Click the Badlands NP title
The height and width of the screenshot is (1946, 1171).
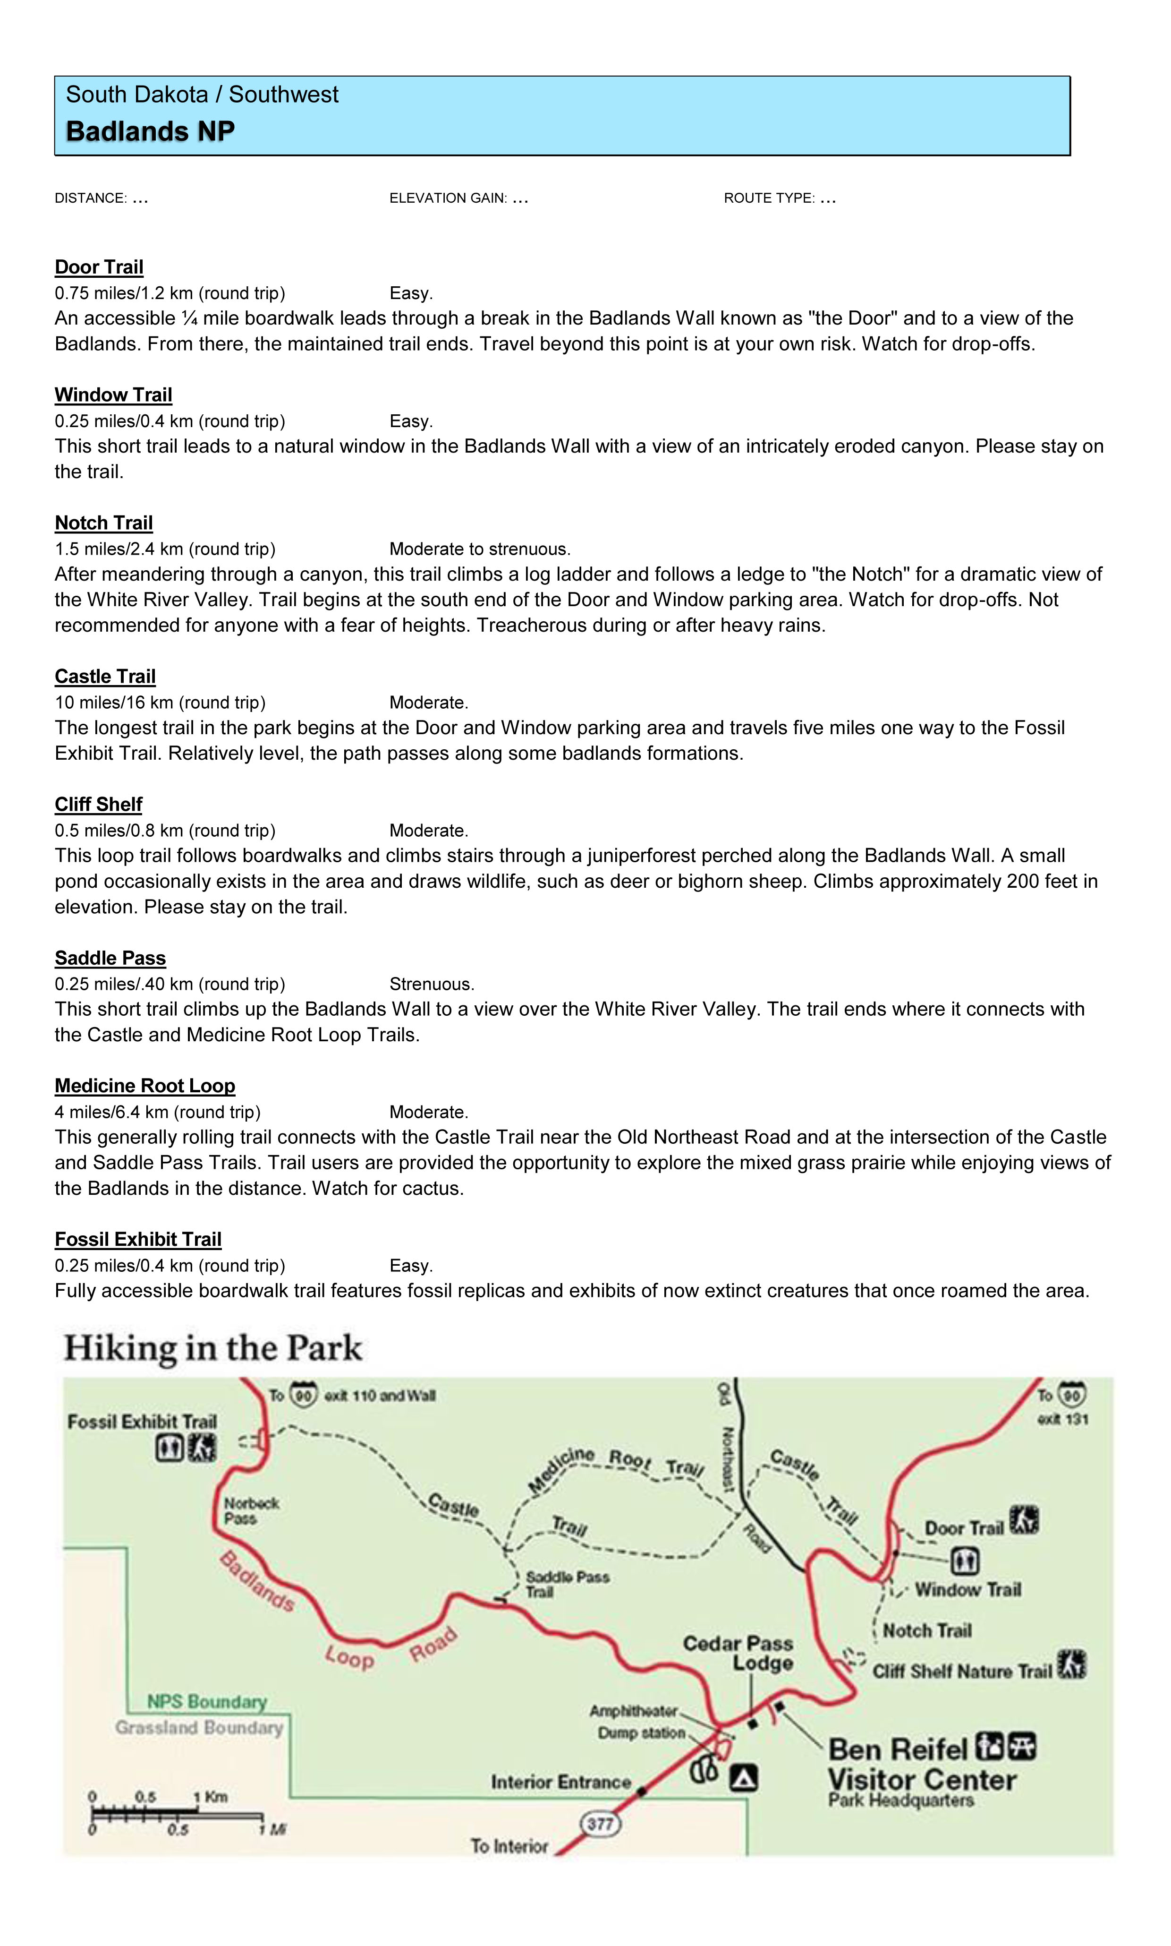pyautogui.click(x=150, y=131)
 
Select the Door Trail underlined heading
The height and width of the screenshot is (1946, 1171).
pyautogui.click(x=99, y=267)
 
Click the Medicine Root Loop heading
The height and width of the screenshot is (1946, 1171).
pyautogui.click(x=144, y=1086)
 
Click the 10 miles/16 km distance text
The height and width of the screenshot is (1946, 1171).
pyautogui.click(x=160, y=703)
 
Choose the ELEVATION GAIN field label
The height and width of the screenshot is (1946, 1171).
pyautogui.click(x=448, y=198)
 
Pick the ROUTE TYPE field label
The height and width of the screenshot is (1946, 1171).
pyautogui.click(x=769, y=198)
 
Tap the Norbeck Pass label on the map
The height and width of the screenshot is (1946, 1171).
pyautogui.click(x=250, y=1510)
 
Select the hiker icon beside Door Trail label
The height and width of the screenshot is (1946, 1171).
pyautogui.click(x=1024, y=1520)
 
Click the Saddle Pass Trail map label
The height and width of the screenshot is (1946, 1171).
pyautogui.click(x=567, y=1584)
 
